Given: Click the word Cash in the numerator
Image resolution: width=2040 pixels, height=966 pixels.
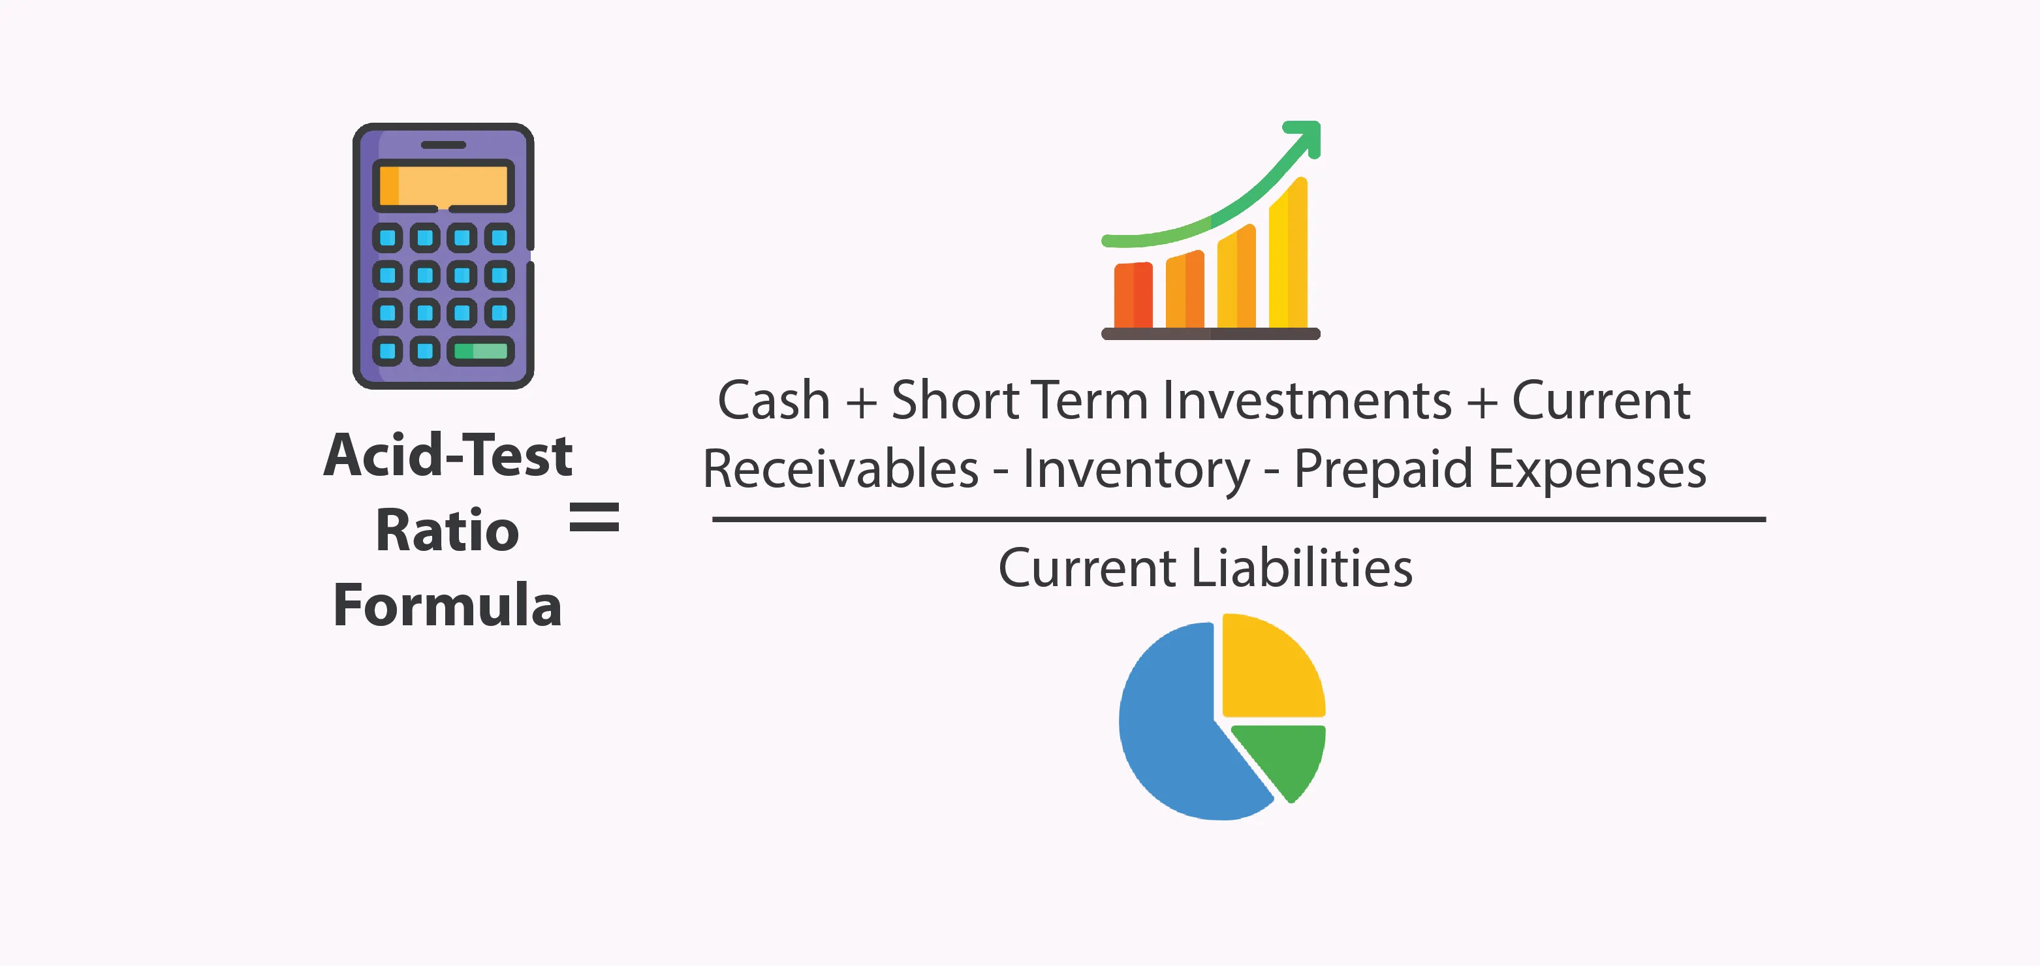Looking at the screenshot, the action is [774, 400].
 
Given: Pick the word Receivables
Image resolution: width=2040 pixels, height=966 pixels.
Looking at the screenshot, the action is [841, 469].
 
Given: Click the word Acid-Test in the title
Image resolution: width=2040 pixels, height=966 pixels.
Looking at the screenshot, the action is [448, 456].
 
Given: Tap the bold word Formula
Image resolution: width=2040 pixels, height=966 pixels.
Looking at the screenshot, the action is [447, 605].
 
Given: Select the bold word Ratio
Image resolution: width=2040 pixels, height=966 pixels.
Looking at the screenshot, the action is [447, 531].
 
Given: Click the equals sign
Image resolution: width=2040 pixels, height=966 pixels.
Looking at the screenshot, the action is [595, 516].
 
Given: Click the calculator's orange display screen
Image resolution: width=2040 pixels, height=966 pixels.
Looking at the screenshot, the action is [443, 185].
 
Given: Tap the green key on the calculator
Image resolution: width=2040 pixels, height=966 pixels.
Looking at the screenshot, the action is [480, 351].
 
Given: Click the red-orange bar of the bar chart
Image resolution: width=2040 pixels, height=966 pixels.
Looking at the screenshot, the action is [1133, 294].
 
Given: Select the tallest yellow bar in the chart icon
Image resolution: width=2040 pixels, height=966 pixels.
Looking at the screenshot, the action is [1289, 253].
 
